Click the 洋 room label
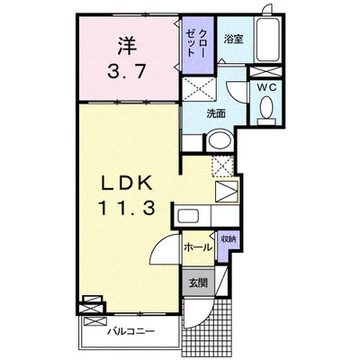tap(127, 46)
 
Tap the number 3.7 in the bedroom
tap(127, 72)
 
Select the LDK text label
tap(127, 183)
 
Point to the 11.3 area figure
tap(127, 208)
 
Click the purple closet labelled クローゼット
tap(198, 45)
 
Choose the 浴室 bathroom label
tap(234, 40)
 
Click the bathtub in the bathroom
tap(268, 40)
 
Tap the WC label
tap(265, 87)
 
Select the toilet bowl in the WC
tap(266, 110)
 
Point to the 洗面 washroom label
tap(216, 114)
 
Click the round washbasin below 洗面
tap(220, 139)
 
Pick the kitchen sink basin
tap(188, 215)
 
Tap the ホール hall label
tap(198, 247)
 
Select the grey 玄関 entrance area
tap(198, 283)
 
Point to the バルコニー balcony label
tap(131, 331)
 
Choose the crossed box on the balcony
tap(94, 321)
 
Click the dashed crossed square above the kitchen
tap(222, 166)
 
